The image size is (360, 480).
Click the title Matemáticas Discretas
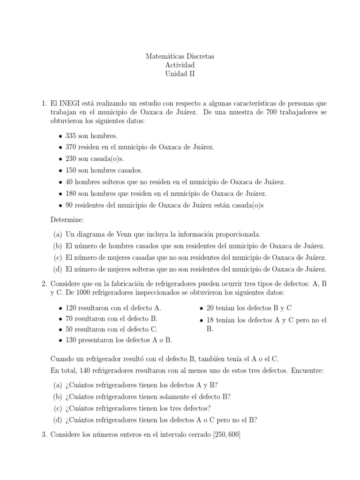click(180, 56)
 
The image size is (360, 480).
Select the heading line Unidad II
click(180, 74)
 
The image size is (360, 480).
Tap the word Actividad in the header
click(180, 65)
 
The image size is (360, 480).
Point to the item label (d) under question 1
click(58, 269)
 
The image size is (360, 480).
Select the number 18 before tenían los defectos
click(210, 320)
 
